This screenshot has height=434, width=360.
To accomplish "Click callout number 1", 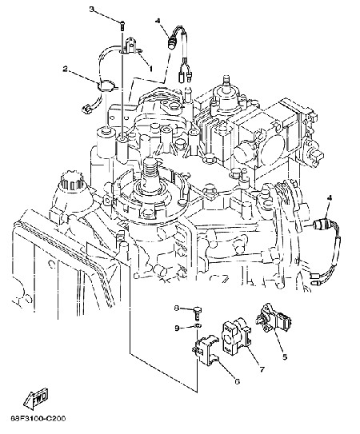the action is coord(150,68).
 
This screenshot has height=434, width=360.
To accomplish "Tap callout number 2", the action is coord(65,69).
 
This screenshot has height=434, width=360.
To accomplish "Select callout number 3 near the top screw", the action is coord(92,9).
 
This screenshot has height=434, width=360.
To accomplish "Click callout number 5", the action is coord(285,357).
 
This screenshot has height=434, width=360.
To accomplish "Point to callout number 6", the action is coord(237,382).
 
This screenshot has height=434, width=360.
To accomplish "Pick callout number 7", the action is coord(262,369).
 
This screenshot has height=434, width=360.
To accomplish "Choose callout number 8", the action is coord(177,308).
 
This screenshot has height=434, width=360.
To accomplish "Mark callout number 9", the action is coord(177,328).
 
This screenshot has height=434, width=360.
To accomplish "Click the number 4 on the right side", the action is coord(330,198).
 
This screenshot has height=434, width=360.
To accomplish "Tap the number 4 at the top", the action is coord(158,21).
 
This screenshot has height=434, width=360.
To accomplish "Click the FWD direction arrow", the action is coord(36,398).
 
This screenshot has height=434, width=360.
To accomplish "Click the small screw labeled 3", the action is coord(122,26).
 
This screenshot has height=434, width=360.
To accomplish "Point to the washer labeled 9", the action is coord(198,325).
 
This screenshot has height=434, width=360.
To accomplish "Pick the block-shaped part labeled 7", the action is coord(236,336).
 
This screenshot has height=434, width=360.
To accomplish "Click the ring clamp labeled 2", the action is coord(106,86).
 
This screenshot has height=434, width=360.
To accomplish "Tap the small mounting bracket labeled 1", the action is coord(131,46).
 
